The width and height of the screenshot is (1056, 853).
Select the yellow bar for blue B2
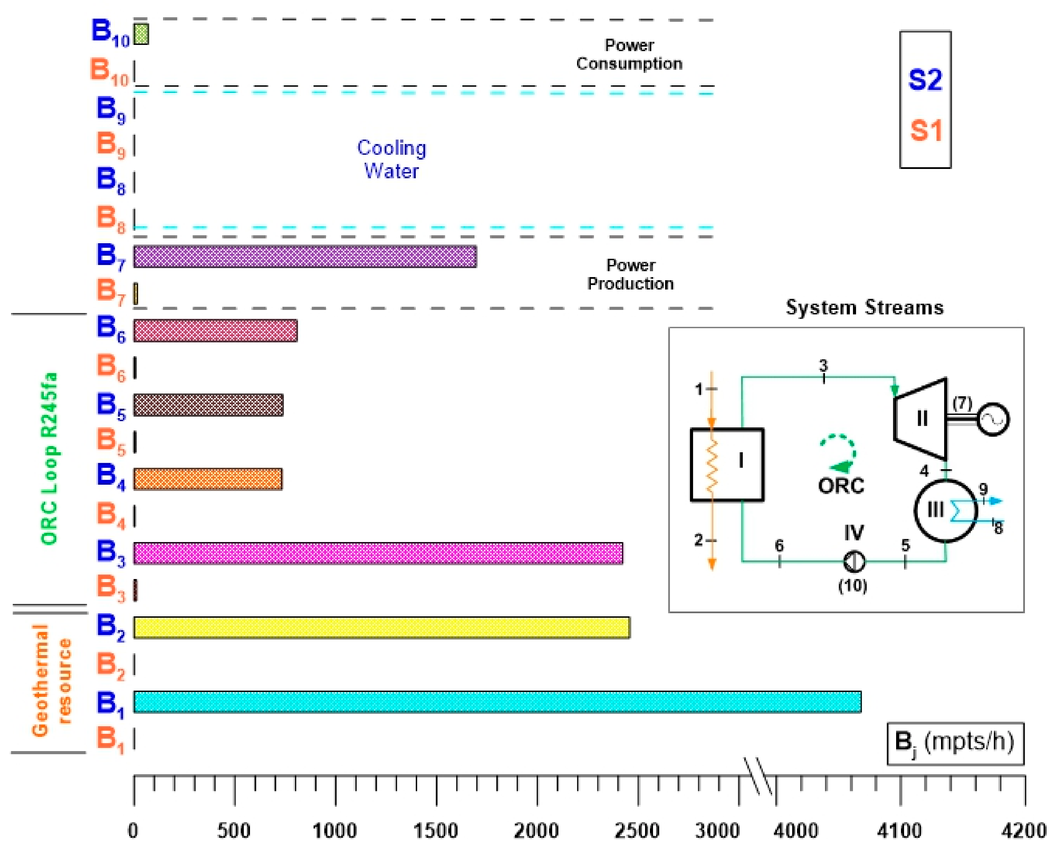click(381, 627)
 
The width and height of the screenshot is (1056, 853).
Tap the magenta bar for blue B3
click(378, 553)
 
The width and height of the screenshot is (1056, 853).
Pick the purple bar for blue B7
click(305, 256)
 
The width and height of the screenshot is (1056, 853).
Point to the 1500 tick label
click(436, 831)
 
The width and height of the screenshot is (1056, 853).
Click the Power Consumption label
click(629, 55)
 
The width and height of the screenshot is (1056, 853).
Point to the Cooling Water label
click(392, 159)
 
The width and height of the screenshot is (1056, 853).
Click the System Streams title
click(864, 307)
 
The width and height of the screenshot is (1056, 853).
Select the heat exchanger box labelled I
click(727, 464)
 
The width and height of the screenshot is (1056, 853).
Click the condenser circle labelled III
click(945, 511)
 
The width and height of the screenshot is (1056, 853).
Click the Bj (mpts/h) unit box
click(955, 743)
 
